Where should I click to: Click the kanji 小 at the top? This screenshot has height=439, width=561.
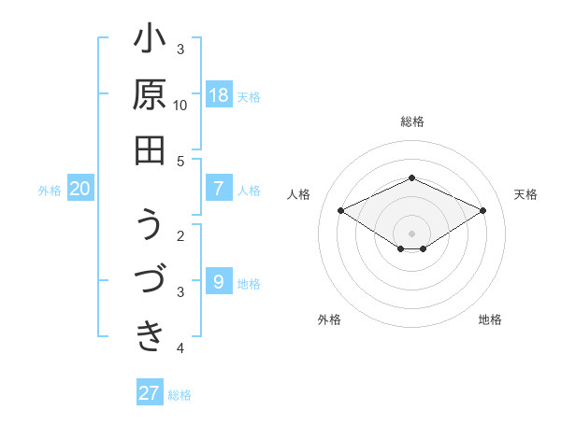tap(150, 41)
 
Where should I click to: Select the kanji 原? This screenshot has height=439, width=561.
tap(150, 95)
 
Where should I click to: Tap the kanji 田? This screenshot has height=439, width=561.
tap(150, 149)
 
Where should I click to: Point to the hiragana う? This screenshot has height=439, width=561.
tap(150, 227)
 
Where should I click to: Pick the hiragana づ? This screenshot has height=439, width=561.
tap(150, 281)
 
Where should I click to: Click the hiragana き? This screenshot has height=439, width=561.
tap(150, 335)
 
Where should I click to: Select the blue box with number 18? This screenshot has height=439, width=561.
tap(219, 95)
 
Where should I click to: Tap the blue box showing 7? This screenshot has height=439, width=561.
tap(219, 189)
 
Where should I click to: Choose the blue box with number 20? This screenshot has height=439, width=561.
tap(79, 189)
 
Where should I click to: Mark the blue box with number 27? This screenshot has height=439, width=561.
tap(150, 393)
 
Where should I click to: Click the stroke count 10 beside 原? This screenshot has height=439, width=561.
tap(181, 105)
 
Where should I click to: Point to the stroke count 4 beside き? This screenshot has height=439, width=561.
tap(181, 348)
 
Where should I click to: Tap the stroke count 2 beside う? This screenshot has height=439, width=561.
tap(181, 235)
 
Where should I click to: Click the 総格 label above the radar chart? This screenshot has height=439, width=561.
tap(411, 121)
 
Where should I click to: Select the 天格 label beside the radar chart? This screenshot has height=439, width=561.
tap(525, 194)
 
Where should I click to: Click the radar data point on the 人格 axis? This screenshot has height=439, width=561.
tap(340, 210)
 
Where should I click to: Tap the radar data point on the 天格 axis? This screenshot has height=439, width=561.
tap(482, 210)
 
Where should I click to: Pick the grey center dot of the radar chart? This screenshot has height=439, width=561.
tap(411, 233)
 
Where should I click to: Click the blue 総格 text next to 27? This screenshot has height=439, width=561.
tap(180, 395)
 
